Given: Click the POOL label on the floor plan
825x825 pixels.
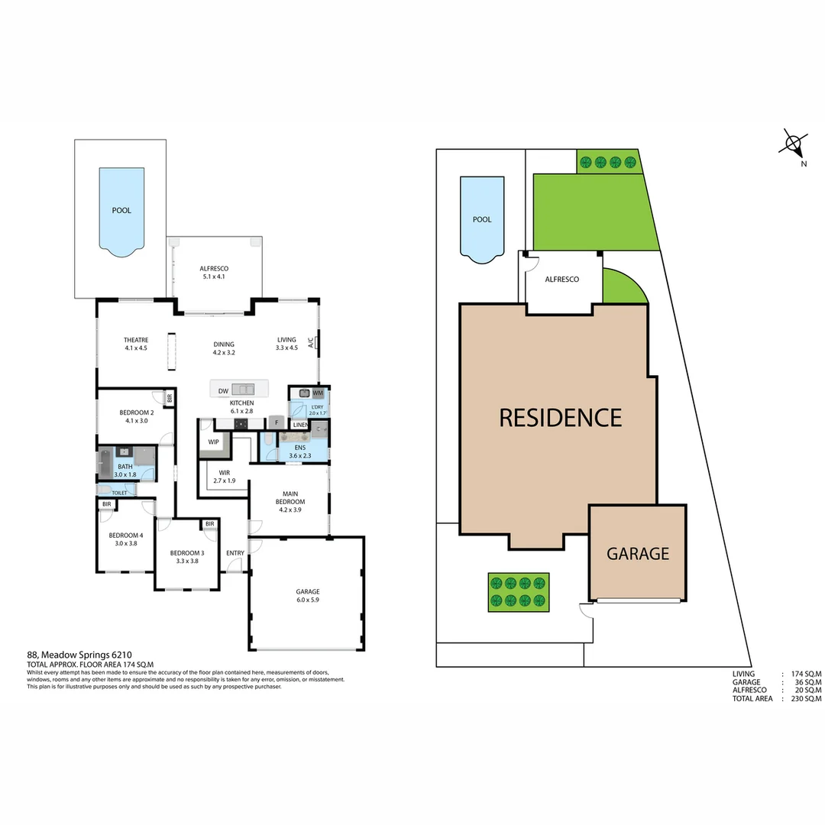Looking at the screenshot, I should pos(121,210).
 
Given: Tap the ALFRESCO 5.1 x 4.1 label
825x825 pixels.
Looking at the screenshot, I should pos(215,273).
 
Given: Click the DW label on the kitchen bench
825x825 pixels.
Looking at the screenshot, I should pos(223,391).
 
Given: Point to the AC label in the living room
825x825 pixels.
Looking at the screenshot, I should pos(311,343).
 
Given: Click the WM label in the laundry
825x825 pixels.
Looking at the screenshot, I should pos(318,393).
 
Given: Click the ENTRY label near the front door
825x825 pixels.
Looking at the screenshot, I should pos(235,553).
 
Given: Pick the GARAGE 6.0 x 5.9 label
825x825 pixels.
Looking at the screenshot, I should pos(308,595).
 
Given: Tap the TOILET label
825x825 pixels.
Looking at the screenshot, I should pos(119,493).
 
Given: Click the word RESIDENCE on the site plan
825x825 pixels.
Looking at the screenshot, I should pos(560,418).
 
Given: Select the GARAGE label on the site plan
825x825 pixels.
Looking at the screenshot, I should pos(638,554).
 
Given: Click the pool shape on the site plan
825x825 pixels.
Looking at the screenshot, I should pos(481,218).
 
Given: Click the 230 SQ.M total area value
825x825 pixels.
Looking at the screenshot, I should pos(806,698).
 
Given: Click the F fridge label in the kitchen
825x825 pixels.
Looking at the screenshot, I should pos(275,422).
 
